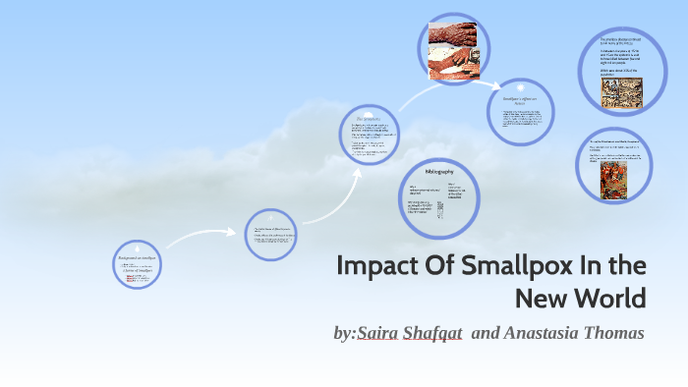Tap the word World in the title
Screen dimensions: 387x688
click(x=611, y=297)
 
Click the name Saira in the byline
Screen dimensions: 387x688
click(x=382, y=333)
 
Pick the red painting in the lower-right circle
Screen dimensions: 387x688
click(x=617, y=180)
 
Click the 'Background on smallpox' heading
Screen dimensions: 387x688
click(x=137, y=255)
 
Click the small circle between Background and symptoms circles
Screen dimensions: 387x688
click(x=269, y=234)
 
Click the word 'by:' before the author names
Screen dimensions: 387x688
click(x=345, y=333)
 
